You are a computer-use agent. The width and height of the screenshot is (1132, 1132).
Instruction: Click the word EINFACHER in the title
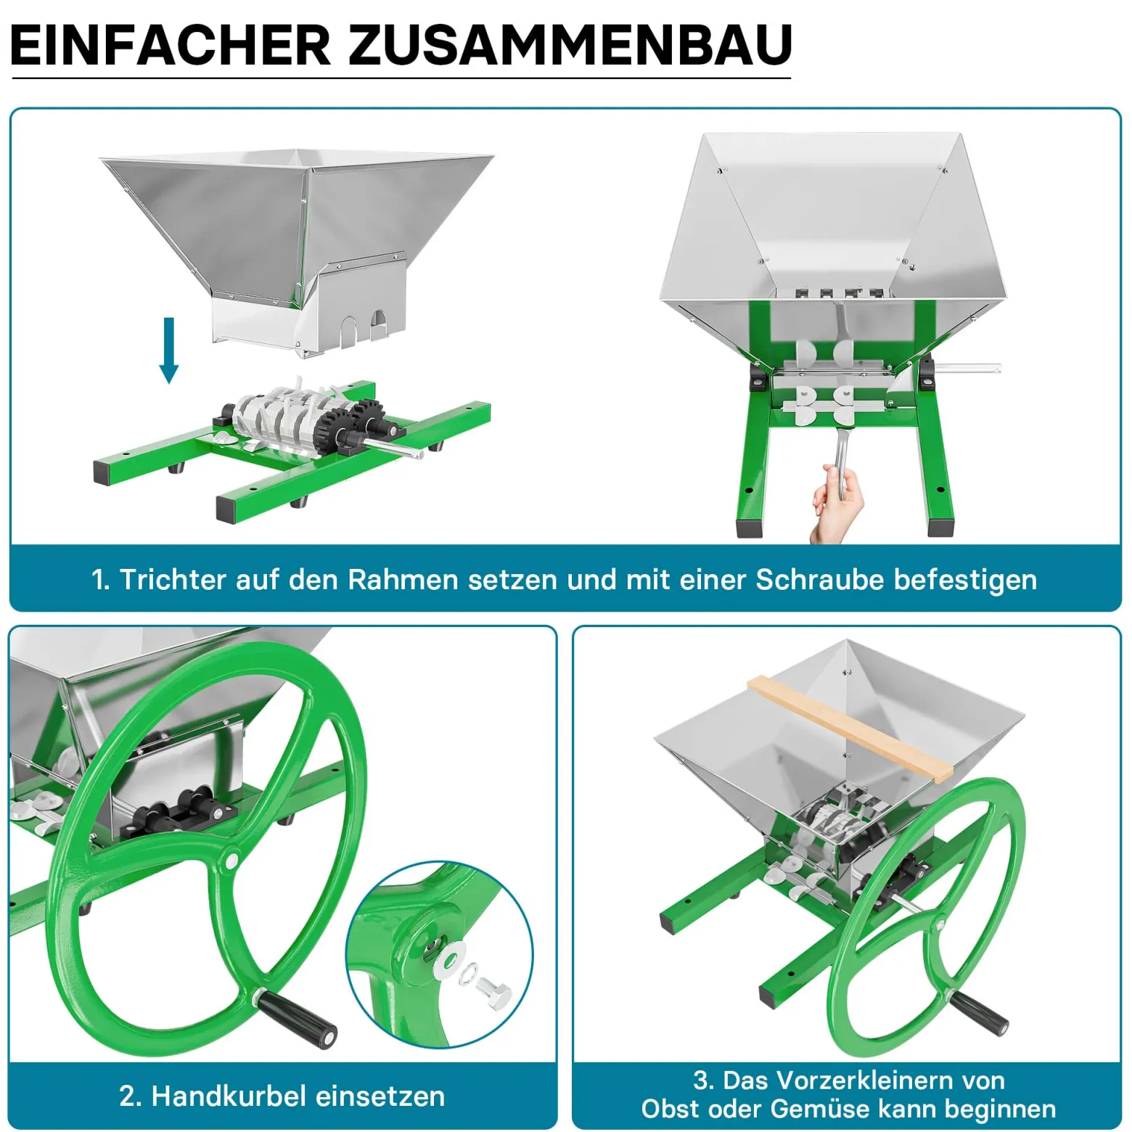click(171, 45)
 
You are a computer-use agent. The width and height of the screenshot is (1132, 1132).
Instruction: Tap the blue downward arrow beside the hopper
click(169, 350)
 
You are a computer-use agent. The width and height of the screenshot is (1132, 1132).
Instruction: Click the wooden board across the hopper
click(850, 728)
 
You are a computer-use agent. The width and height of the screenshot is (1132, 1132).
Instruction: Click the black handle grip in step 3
click(978, 1012)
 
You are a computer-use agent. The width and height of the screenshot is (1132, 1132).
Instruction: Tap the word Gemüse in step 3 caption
click(818, 1109)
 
